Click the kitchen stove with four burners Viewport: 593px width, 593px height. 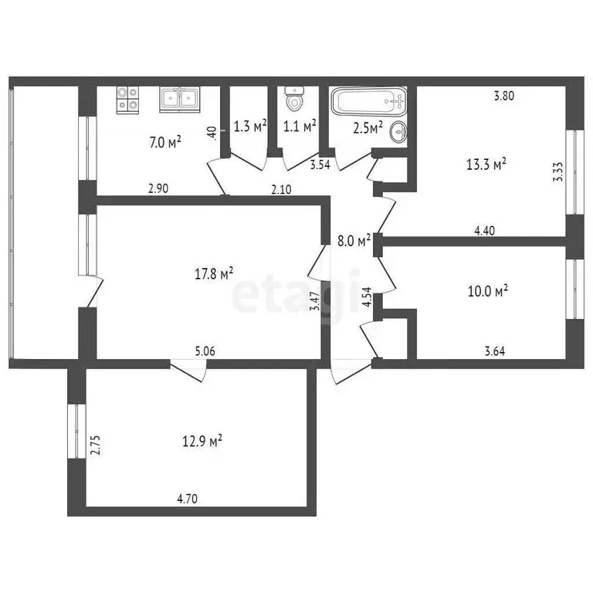click(x=128, y=100)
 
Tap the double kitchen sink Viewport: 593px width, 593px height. click(x=179, y=99)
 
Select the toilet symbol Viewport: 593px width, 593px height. click(x=295, y=99)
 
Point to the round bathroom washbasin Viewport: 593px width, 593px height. click(x=399, y=132)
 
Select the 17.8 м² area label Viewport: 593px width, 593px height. click(x=215, y=273)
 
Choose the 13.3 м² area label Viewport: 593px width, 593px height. click(x=486, y=164)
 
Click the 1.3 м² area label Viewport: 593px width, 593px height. click(x=249, y=125)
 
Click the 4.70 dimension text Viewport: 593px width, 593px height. click(x=188, y=499)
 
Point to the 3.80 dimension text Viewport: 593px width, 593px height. click(x=503, y=97)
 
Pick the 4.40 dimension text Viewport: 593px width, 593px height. click(x=486, y=229)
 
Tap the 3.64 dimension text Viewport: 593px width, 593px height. click(x=496, y=351)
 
